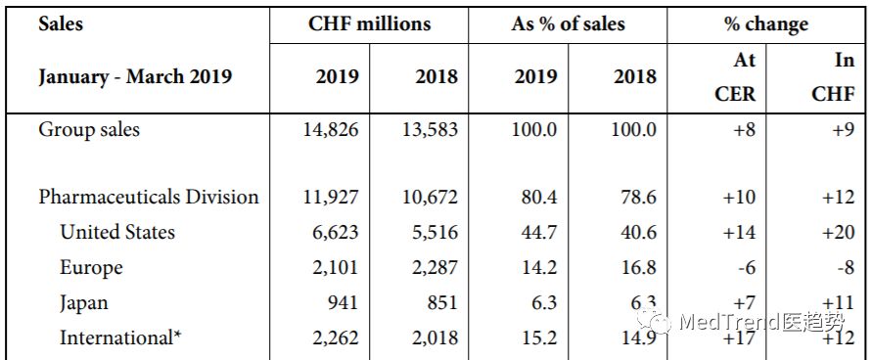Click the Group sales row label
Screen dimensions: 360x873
coord(88,129)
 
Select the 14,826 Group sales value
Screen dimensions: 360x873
coord(330,129)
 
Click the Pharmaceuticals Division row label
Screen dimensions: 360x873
coord(149,197)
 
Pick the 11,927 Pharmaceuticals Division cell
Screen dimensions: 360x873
coord(330,197)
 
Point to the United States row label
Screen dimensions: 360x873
coord(117,232)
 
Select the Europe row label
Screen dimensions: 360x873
coord(91,267)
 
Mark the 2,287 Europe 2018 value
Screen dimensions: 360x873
coord(432,267)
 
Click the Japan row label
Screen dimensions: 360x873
coord(84,302)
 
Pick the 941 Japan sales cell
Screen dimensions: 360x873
coord(343,302)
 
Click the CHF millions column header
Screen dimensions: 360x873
coord(369,23)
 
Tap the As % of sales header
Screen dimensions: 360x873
coord(568,23)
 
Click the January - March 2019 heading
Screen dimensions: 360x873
coord(135,76)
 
